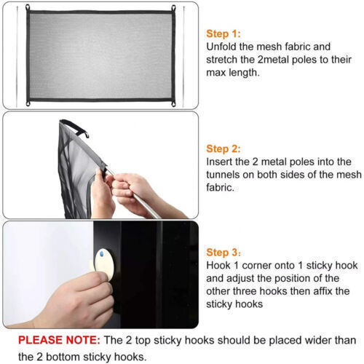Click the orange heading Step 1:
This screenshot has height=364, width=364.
coord(223,34)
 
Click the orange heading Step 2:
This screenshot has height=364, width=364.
coord(223,149)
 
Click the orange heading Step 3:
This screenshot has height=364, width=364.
coord(223,253)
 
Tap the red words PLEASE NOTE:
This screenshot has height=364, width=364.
coord(59,340)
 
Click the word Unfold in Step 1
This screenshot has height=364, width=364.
coord(221,47)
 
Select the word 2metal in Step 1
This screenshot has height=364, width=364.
coord(273,60)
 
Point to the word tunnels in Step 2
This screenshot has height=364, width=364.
coord(223,175)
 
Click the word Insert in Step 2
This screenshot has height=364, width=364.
coord(216,162)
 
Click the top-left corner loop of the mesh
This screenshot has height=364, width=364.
coord(28,7)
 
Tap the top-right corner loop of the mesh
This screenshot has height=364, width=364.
coord(173,8)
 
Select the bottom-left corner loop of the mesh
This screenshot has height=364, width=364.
coord(28,103)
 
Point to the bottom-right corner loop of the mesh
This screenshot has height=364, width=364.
coord(173,103)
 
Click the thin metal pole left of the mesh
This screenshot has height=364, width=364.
coord(17,57)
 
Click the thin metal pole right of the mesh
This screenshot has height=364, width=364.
coord(183,57)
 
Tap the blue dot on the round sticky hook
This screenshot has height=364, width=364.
coord(102,254)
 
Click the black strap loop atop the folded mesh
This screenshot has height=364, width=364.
coord(75,127)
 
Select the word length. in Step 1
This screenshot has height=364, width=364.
coord(245,73)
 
